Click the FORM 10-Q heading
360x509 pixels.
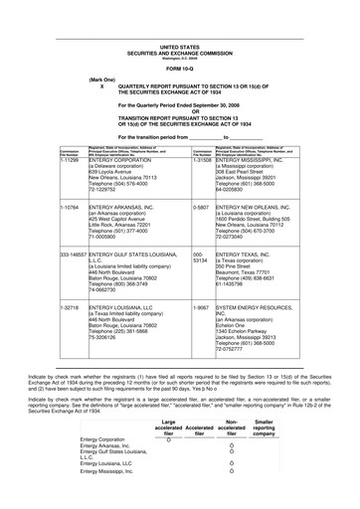click(x=179, y=67)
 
